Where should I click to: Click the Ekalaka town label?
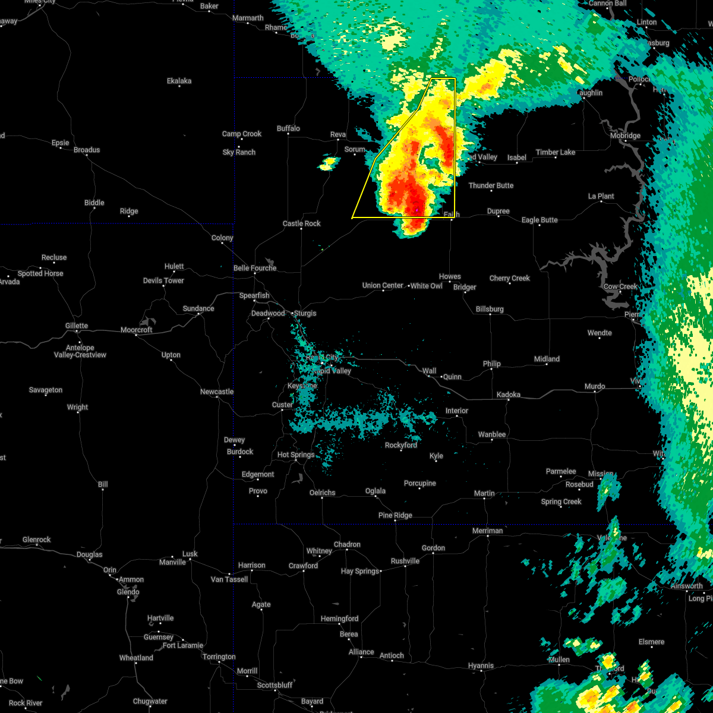(x=179, y=81)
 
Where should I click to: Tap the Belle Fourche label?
(x=255, y=268)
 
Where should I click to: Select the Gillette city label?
(x=77, y=326)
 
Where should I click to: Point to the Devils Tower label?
(x=163, y=280)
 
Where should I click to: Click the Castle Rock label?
(x=301, y=223)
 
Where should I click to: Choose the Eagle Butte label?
(x=540, y=220)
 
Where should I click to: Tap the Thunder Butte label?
(x=491, y=186)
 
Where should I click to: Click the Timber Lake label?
(x=555, y=153)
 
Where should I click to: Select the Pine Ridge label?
(x=395, y=516)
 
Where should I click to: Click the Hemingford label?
(x=340, y=619)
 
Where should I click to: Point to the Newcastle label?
(x=217, y=392)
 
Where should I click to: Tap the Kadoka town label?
(x=508, y=395)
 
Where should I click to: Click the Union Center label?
(x=383, y=286)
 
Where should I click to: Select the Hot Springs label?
(x=296, y=455)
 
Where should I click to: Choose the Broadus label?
(x=87, y=150)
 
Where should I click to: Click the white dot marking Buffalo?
(x=288, y=134)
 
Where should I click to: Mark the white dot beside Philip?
(x=491, y=370)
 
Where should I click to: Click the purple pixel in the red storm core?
(x=417, y=210)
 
